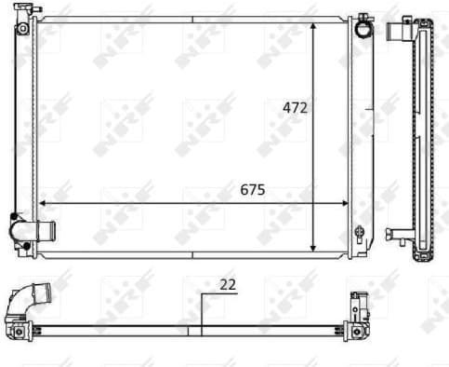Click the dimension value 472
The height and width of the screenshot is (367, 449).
295,107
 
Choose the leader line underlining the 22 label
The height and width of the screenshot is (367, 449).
219,292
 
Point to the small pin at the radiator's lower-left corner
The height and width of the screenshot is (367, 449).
20,254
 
